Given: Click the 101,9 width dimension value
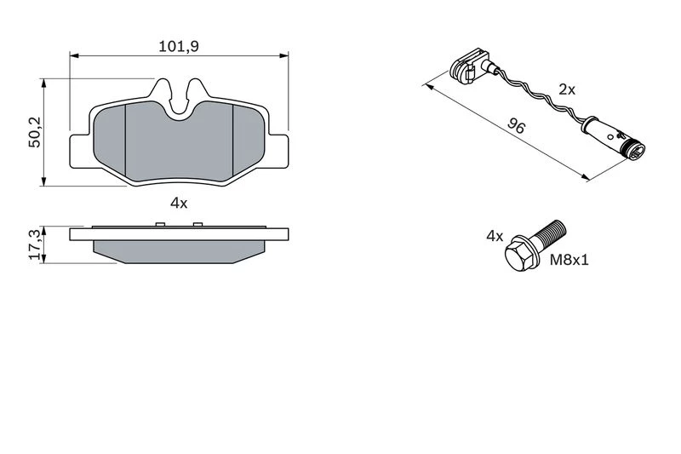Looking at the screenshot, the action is click(179, 46).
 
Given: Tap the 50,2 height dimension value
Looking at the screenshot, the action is click(35, 133).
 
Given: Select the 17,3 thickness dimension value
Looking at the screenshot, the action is click(36, 245).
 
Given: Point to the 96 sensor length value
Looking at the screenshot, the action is click(517, 126).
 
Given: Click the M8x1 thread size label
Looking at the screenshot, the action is click(569, 261).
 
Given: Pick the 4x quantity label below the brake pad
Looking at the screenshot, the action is click(179, 203).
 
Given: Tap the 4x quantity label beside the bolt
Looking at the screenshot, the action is click(495, 236).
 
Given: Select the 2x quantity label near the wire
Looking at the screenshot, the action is click(567, 89).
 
